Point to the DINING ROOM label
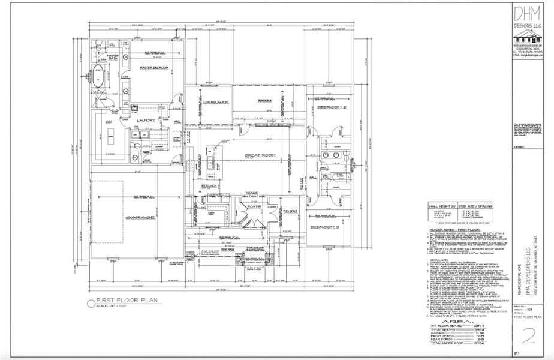coord(215,102)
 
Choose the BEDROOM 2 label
coord(332,107)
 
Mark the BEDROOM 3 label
coord(325,227)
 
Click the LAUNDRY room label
coord(146,120)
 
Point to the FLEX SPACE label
coord(291,211)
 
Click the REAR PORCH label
coord(266,100)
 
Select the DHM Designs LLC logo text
coord(527,18)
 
